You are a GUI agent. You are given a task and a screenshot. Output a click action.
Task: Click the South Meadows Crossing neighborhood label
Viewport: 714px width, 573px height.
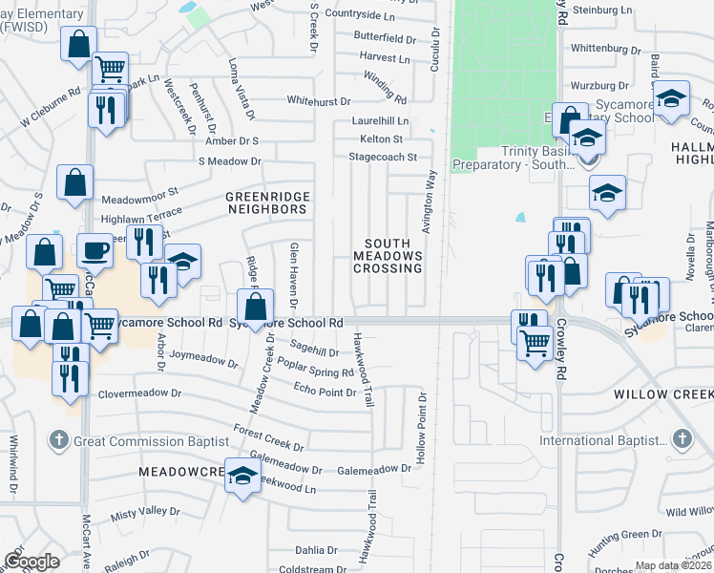click(x=388, y=256)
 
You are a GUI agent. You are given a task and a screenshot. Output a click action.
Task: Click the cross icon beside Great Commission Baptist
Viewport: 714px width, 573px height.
click(x=58, y=440)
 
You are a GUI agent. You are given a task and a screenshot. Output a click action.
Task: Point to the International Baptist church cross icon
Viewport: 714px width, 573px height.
click(x=682, y=439)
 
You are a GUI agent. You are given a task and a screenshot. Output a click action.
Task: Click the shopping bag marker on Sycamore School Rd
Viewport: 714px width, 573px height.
click(x=255, y=308)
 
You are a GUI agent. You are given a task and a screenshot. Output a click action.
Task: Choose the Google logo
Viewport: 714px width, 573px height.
click(x=31, y=561)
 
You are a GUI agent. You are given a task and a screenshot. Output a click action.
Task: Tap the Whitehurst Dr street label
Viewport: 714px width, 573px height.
click(x=321, y=100)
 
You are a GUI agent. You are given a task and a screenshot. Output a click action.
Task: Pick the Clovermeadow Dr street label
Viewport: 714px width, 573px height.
click(x=136, y=393)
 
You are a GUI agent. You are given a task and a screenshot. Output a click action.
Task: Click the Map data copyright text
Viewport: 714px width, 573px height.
click(x=674, y=564)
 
